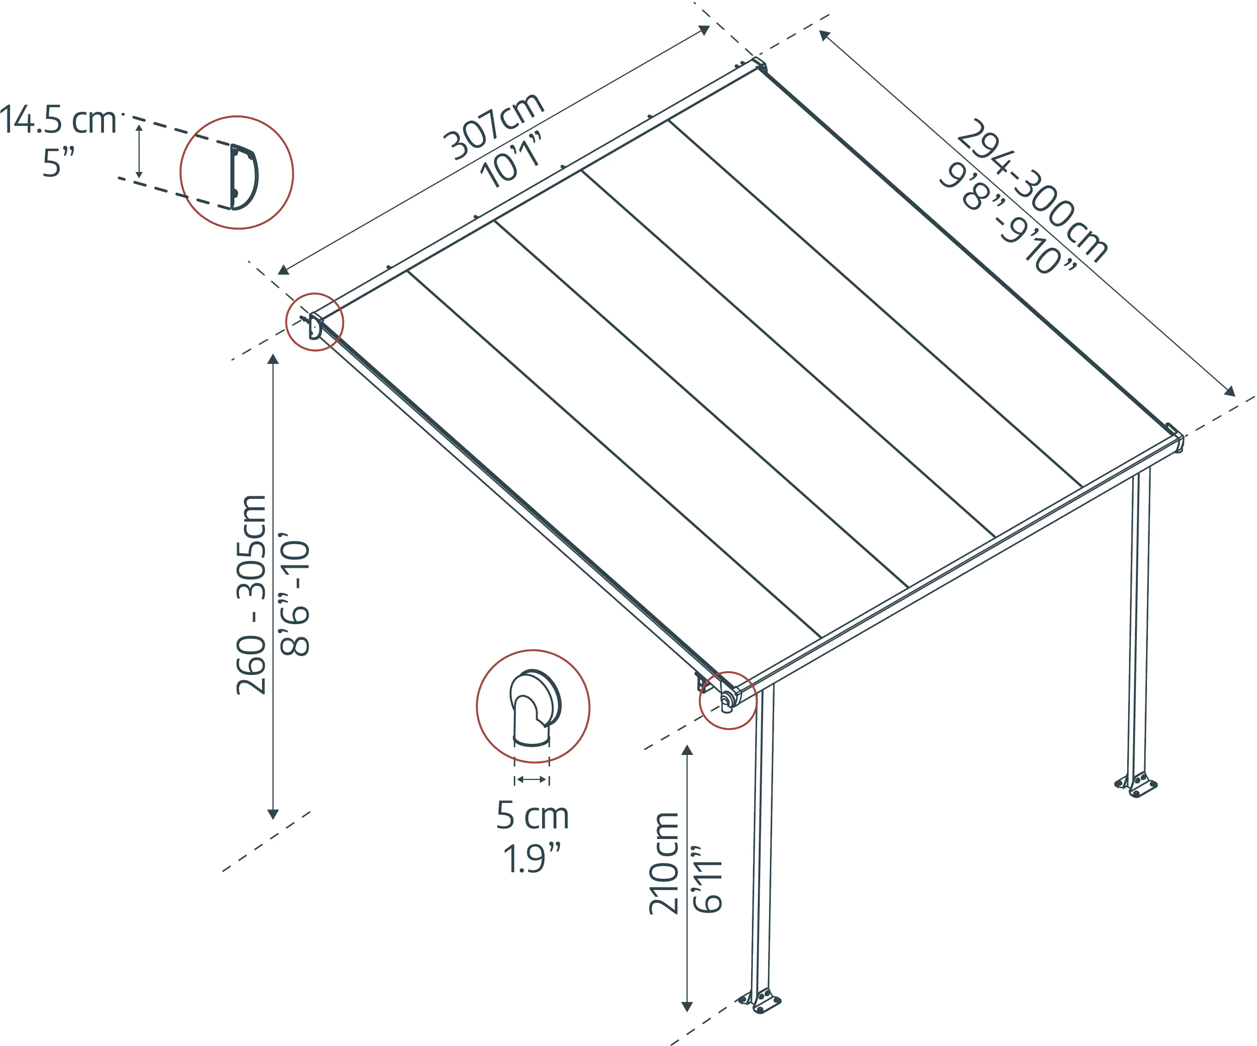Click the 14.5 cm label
click(58, 120)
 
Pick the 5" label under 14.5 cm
click(59, 163)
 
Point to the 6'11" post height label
click(708, 880)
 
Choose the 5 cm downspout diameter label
click(532, 815)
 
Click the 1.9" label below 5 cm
click(532, 859)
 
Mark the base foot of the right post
click(1137, 784)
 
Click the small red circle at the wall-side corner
click(315, 322)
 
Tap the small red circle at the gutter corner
click(728, 700)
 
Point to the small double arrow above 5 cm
click(531, 779)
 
